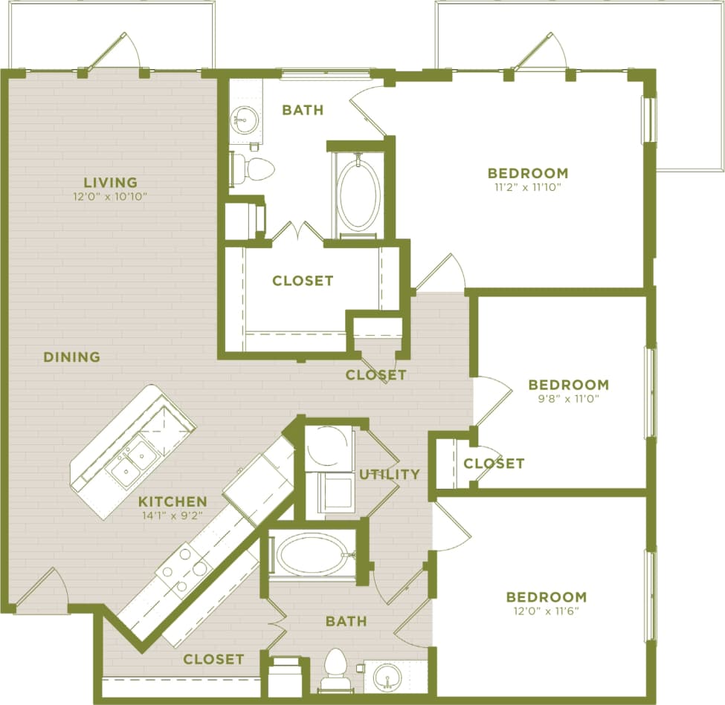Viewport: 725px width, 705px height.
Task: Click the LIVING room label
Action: (110, 182)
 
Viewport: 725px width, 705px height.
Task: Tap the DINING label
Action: (71, 357)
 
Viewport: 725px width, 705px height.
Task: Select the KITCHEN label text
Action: (172, 501)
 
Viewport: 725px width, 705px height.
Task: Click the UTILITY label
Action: (390, 474)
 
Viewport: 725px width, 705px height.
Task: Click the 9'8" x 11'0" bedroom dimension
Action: (568, 398)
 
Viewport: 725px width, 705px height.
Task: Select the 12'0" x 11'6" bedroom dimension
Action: (546, 611)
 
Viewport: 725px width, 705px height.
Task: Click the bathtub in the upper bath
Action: (359, 194)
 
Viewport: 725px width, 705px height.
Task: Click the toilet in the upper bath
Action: (252, 168)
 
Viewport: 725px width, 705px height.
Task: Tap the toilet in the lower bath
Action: (337, 670)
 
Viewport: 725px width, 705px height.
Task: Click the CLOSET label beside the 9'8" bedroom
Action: (494, 464)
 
